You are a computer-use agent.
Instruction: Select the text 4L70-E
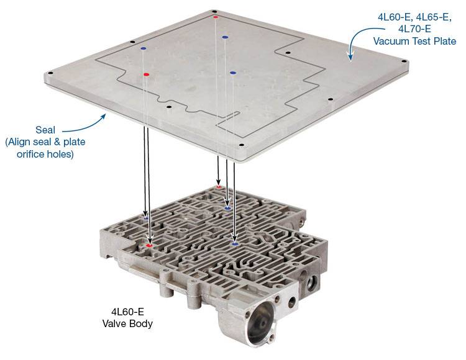coord(415,29)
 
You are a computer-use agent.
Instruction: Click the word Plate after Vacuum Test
coord(443,41)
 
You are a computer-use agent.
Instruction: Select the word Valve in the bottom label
coord(114,323)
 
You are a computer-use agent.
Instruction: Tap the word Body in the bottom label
coord(140,323)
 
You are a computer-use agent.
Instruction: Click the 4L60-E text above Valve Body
coord(127,312)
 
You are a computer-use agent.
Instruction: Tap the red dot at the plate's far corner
coord(216,17)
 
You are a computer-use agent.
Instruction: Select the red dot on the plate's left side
coord(146,74)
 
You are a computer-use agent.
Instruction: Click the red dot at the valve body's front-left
coord(149,246)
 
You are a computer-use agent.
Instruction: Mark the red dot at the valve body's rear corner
coord(219,187)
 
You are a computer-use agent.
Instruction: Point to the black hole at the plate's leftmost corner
coord(50,73)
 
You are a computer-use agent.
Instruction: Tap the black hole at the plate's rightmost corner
coord(404,61)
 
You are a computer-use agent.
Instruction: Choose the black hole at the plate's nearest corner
coord(241,145)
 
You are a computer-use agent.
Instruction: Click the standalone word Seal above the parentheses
coord(45,130)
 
